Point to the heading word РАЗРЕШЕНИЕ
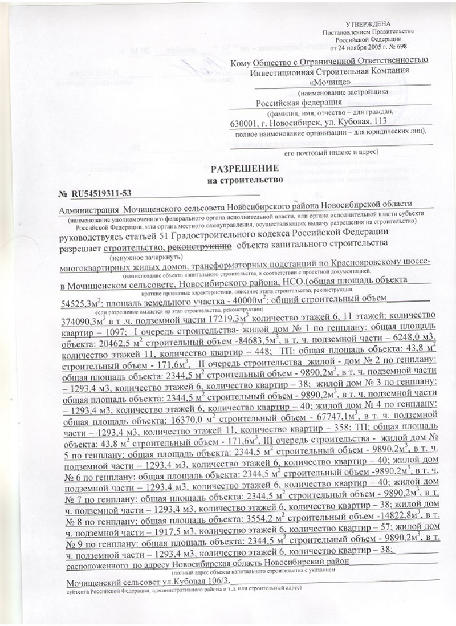point(245,169)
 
